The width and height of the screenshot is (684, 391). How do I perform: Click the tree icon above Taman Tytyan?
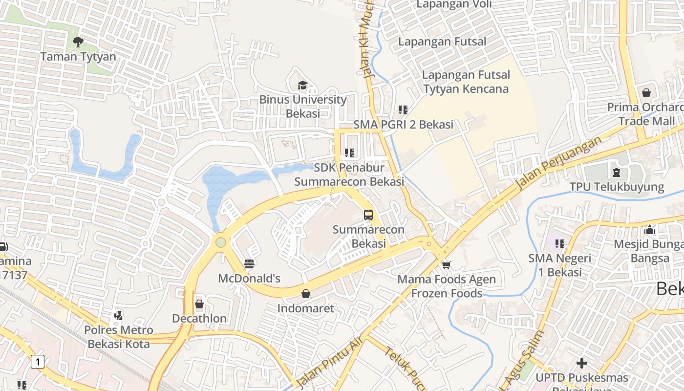[x=78, y=42]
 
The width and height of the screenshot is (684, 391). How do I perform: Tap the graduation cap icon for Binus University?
[x=303, y=86]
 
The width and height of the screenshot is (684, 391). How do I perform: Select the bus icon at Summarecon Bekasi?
[x=368, y=215]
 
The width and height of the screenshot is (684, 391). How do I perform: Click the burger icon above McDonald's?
[x=249, y=264]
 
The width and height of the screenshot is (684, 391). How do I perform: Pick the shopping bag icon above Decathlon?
[x=199, y=304]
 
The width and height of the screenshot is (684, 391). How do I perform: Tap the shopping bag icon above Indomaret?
[x=306, y=294]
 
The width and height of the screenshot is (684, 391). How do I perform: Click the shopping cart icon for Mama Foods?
[x=446, y=265]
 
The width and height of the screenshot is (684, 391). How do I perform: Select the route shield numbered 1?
[x=38, y=362]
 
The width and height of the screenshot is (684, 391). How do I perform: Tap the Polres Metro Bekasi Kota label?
[x=119, y=337]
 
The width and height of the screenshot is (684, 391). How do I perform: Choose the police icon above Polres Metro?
[x=118, y=316]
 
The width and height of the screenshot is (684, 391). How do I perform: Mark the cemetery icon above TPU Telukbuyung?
[x=617, y=172]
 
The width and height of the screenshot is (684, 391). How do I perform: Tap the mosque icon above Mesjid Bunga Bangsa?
[x=650, y=230]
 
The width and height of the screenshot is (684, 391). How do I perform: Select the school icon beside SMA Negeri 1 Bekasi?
[x=560, y=243]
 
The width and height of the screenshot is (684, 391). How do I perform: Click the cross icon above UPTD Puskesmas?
[x=581, y=363]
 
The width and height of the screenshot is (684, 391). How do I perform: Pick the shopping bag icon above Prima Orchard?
[x=646, y=93]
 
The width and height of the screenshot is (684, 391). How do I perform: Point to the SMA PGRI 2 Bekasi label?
[x=403, y=125]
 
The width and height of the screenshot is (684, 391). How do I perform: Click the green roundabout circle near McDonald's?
[x=221, y=242]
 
